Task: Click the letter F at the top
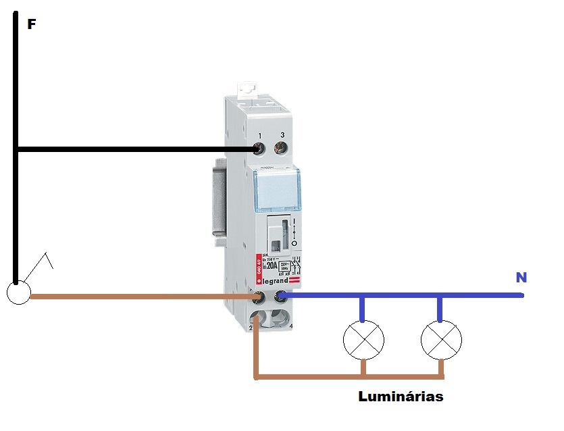(31, 25)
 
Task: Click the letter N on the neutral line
(521, 277)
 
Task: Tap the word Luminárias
(401, 397)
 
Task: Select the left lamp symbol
(363, 340)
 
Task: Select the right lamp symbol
(441, 340)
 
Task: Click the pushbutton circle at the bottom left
(18, 293)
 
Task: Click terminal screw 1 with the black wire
(258, 149)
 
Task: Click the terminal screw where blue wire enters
(280, 295)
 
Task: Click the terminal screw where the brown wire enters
(257, 296)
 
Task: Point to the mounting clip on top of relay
(247, 88)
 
